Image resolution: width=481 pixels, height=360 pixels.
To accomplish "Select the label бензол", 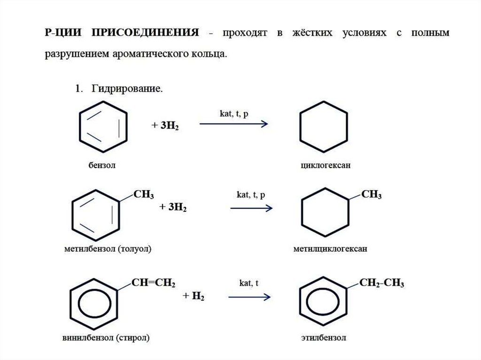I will click(x=101, y=165).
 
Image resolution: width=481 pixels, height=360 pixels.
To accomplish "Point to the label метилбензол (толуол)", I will click(x=109, y=248).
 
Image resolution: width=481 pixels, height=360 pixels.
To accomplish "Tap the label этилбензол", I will click(x=323, y=337).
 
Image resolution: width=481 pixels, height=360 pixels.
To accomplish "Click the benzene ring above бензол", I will click(x=103, y=124).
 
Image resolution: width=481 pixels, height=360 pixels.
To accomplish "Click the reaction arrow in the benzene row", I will click(x=233, y=124).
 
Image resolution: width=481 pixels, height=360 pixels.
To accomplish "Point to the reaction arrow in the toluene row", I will click(x=251, y=208).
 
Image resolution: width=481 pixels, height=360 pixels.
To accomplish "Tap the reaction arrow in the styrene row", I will click(x=249, y=297).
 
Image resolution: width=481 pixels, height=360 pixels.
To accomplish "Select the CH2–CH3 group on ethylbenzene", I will click(x=381, y=283).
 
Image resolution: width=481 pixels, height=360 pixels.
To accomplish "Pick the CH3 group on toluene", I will click(x=144, y=194).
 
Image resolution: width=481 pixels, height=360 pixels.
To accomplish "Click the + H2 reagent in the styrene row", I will click(x=194, y=297).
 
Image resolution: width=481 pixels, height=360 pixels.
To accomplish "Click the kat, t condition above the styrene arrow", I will click(x=249, y=283).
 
